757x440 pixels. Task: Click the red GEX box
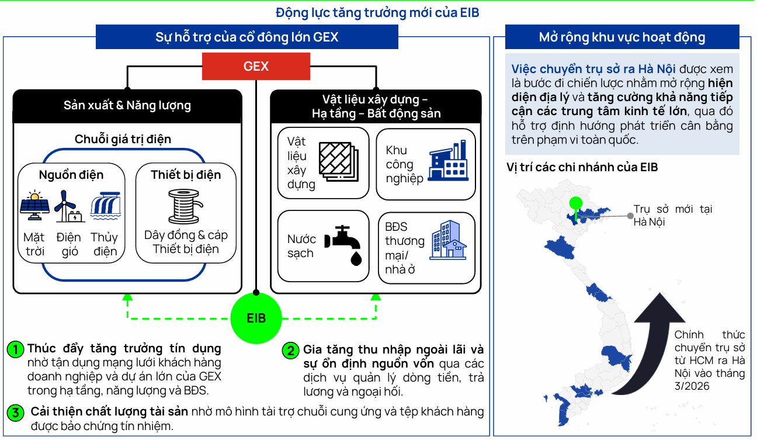[256, 67]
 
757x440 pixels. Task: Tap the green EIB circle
[256, 318]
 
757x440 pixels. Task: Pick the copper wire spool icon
[186, 206]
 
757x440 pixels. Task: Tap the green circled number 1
[15, 349]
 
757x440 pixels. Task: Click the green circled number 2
[290, 351]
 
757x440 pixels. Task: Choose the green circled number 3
[15, 413]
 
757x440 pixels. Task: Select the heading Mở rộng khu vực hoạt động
[622, 37]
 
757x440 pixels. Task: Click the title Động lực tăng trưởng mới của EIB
[377, 12]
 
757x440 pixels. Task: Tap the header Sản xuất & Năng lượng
[127, 106]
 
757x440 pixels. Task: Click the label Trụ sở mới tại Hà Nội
[672, 216]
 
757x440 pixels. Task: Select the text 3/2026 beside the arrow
[692, 386]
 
